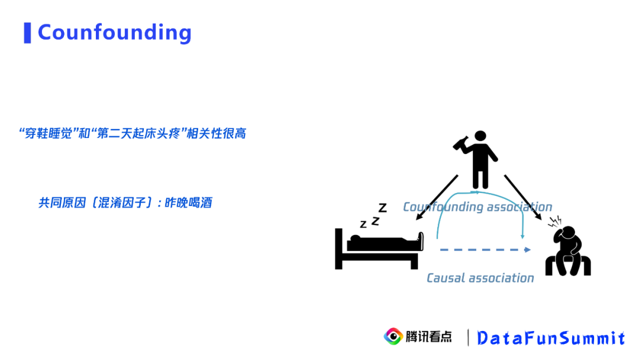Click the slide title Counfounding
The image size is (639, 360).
pyautogui.click(x=114, y=32)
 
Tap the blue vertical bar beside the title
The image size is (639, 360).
pyautogui.click(x=27, y=33)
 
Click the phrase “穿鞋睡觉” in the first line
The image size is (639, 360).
pyautogui.click(x=47, y=133)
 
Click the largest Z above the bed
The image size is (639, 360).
pyautogui.click(x=382, y=208)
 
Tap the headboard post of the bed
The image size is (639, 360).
pyautogui.click(x=338, y=249)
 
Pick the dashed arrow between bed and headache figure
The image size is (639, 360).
pyautogui.click(x=485, y=250)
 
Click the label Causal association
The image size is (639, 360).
pyautogui.click(x=480, y=278)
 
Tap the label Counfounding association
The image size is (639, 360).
pyautogui.click(x=477, y=207)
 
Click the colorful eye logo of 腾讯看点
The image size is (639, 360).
pyautogui.click(x=393, y=336)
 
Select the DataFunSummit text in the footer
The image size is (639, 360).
pyautogui.click(x=550, y=337)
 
